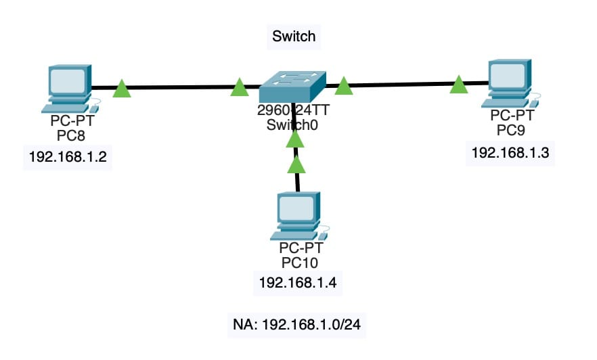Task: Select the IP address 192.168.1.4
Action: click(296, 282)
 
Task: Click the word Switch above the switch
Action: click(293, 36)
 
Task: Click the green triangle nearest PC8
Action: click(121, 89)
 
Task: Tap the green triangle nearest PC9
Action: click(459, 85)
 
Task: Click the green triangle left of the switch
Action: click(239, 87)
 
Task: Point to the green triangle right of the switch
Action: click(344, 86)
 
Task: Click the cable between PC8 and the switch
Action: click(179, 88)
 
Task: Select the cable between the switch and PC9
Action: click(403, 85)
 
